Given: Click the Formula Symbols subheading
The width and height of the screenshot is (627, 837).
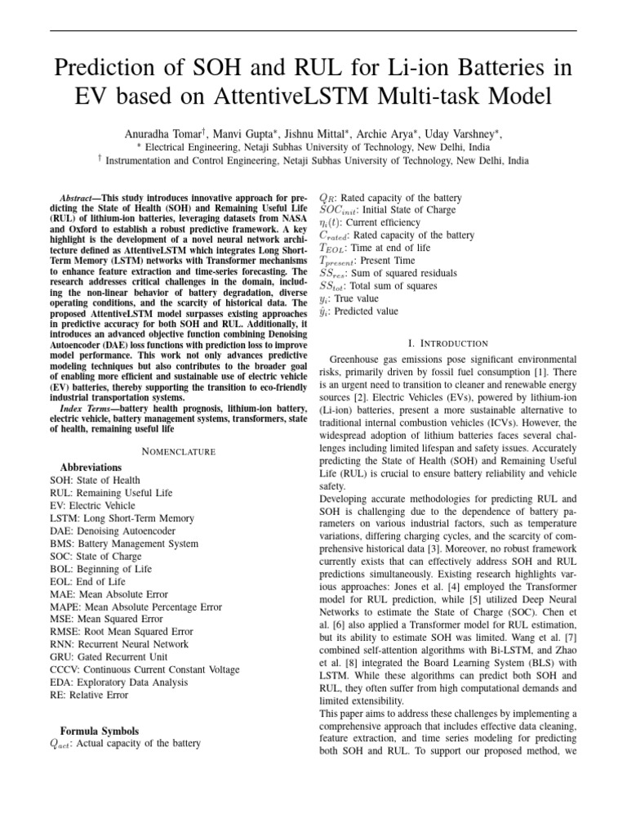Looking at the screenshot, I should pyautogui.click(x=100, y=730).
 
